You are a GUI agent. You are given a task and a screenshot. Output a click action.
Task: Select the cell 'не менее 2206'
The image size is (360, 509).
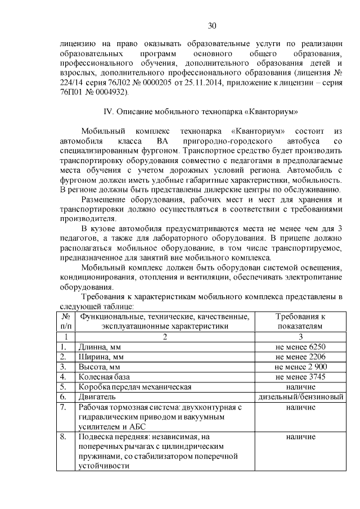(300, 356)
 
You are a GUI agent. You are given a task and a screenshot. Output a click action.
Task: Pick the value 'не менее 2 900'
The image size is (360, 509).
(300, 366)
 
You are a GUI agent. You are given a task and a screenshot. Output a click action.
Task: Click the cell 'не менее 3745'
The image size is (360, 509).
(300, 376)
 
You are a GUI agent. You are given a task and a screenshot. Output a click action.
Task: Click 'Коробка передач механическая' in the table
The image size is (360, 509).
(135, 386)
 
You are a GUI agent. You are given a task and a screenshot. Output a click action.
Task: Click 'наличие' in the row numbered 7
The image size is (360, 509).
(300, 407)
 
